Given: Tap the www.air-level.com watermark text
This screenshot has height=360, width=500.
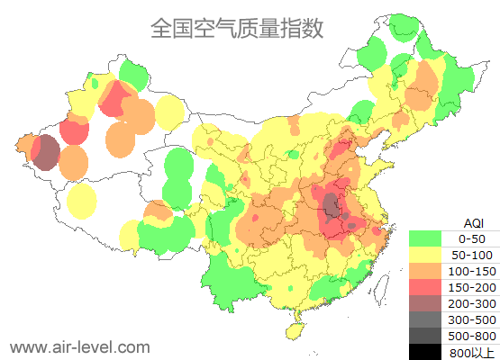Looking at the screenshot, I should [x=79, y=346].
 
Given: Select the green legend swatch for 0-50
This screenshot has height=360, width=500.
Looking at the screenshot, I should [x=425, y=238].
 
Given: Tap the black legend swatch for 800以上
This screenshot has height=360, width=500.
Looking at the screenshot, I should [x=425, y=351].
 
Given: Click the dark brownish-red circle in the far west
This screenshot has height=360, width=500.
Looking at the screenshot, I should [x=45, y=152].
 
